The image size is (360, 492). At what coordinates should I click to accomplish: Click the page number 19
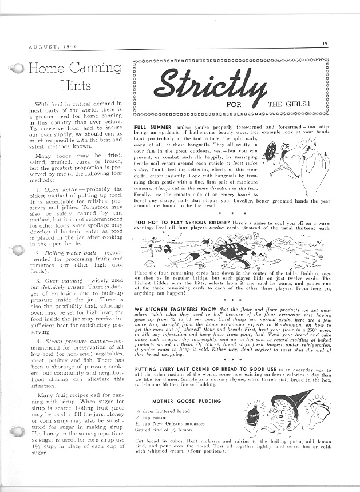tap(323, 43)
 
